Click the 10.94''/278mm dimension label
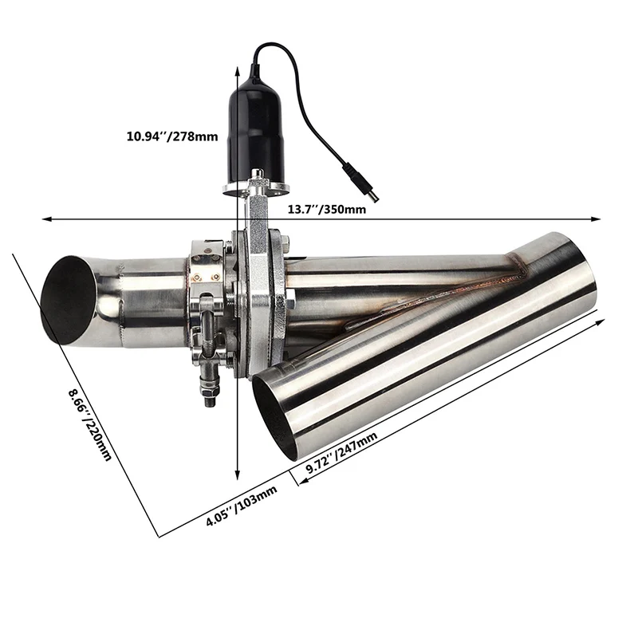click(171, 136)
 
